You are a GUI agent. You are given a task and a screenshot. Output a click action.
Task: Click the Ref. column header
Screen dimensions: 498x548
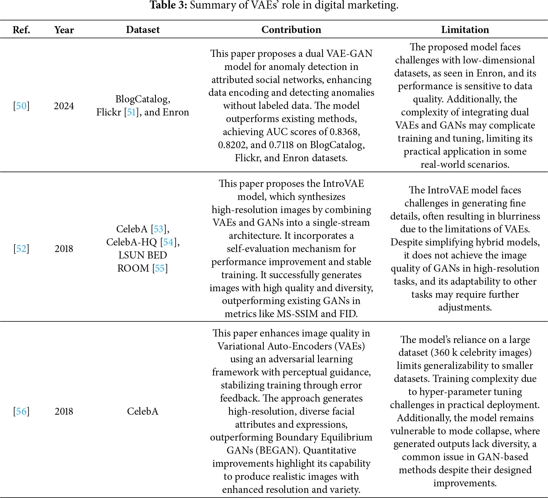point(21,30)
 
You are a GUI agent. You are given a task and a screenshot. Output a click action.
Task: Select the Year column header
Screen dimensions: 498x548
point(64,30)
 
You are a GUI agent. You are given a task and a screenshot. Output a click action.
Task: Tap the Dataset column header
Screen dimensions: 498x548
point(143,30)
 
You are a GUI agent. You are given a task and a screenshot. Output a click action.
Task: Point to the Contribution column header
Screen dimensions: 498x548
point(291,30)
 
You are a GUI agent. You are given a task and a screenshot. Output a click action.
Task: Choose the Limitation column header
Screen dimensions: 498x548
point(465,30)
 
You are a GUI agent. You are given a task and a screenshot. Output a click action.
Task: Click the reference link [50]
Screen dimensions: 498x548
point(21,106)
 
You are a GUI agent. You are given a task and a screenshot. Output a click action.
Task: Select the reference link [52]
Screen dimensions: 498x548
point(21,249)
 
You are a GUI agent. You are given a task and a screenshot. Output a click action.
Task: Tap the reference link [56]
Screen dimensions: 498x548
point(21,411)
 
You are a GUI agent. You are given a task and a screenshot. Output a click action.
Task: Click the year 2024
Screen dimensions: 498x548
point(64,106)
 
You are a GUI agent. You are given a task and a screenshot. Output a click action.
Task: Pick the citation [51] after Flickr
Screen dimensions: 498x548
point(131,112)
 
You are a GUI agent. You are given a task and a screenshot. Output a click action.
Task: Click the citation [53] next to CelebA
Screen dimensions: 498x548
point(158,229)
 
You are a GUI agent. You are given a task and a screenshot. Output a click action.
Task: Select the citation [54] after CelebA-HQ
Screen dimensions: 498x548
point(168,242)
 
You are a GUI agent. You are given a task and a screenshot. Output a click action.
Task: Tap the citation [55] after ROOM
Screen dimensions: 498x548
point(160,268)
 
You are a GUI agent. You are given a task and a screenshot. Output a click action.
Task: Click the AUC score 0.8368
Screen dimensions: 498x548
point(345,132)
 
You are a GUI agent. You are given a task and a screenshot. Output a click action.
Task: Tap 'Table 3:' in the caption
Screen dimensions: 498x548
point(168,5)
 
